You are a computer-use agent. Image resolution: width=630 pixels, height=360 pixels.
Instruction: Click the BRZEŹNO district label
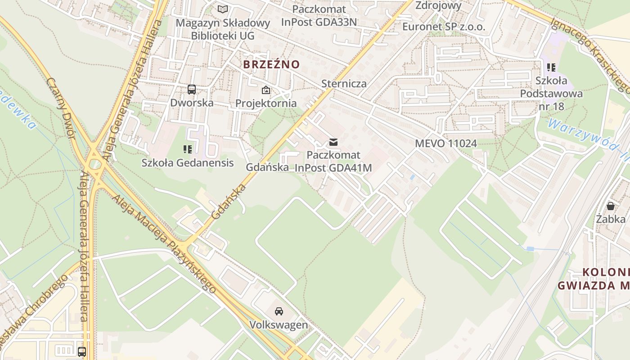(271, 64)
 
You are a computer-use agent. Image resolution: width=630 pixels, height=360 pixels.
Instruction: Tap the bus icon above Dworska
(192, 89)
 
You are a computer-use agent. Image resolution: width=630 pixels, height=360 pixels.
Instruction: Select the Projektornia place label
(266, 103)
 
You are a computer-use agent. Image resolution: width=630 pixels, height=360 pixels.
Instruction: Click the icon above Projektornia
(266, 90)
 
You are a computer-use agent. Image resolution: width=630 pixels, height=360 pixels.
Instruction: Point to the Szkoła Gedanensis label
(188, 162)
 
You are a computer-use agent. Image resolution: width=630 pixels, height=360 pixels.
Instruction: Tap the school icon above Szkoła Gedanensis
(188, 149)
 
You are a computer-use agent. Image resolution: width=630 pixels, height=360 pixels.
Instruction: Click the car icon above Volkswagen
(279, 311)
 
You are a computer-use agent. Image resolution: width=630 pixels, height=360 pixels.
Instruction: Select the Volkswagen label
(279, 324)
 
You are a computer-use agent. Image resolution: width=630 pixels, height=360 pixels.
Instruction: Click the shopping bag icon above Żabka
(611, 206)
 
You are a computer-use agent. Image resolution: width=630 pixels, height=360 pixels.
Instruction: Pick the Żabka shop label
(611, 219)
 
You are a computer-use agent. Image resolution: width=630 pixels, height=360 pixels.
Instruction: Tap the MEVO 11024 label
(445, 144)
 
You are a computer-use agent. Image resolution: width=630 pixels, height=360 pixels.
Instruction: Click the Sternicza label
(344, 83)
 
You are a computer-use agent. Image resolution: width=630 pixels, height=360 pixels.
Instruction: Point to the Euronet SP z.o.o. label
(444, 27)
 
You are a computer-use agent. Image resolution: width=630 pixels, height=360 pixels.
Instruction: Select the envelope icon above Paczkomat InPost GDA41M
(333, 142)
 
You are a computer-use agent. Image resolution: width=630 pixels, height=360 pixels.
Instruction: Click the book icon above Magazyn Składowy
(223, 9)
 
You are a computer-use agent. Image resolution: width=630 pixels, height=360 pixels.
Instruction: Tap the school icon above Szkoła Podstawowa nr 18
(551, 67)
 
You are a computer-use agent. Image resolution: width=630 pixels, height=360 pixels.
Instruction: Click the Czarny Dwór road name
(61, 108)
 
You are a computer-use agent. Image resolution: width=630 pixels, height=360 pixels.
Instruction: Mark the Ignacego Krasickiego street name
(589, 49)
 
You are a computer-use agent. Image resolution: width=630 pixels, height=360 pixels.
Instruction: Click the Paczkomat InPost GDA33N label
(319, 15)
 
